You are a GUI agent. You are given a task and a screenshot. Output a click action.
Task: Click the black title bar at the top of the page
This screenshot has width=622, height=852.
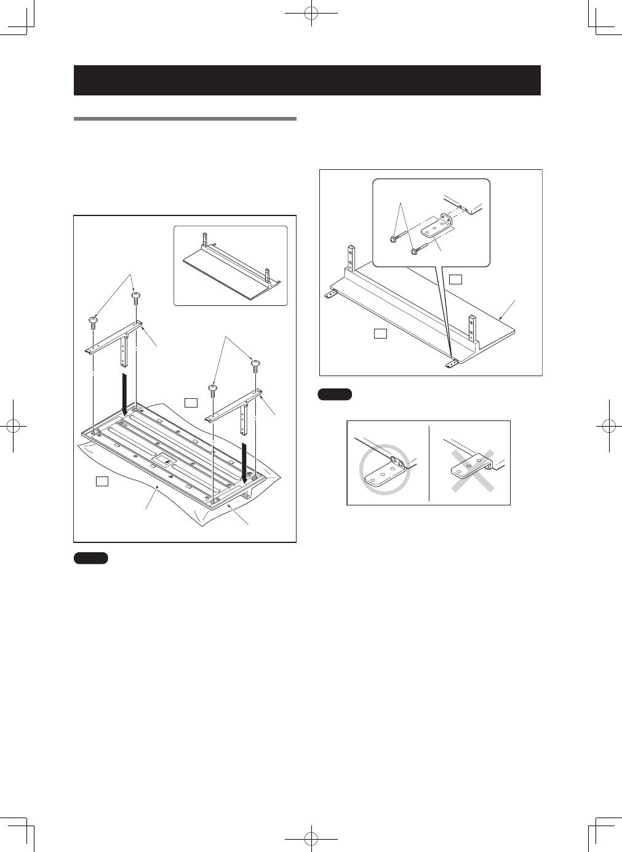tap(307, 80)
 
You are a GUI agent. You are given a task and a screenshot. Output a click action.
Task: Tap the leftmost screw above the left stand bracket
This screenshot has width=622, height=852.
tap(93, 319)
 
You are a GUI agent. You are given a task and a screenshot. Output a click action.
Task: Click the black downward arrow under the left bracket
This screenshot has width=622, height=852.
tap(125, 394)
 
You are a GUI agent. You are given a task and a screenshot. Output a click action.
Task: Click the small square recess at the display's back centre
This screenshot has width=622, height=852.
tap(163, 458)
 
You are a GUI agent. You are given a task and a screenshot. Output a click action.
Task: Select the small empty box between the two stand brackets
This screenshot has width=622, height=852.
tap(191, 402)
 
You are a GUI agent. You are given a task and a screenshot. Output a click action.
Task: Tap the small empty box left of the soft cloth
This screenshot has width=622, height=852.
tap(103, 481)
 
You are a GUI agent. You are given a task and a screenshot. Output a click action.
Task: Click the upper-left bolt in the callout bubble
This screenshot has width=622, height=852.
tap(393, 238)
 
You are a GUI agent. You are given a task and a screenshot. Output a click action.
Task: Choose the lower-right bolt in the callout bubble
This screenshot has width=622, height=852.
tap(415, 251)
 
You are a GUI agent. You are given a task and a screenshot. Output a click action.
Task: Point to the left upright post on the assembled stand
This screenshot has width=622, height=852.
tap(352, 259)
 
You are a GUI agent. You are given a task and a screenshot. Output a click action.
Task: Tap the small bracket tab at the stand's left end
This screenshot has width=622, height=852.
tap(332, 294)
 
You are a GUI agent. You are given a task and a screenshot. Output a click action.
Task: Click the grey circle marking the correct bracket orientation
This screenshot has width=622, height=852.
tap(385, 471)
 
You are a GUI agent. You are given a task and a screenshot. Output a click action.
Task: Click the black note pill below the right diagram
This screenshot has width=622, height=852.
tap(335, 395)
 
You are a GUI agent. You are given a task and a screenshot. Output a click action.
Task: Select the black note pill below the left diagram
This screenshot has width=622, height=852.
tap(91, 558)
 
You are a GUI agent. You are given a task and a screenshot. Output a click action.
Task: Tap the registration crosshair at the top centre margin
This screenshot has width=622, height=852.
tap(312, 12)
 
